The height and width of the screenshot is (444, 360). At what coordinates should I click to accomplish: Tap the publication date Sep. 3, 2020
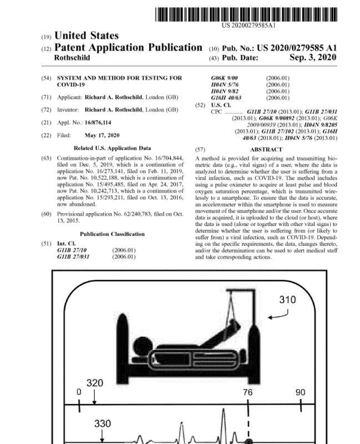point(312,58)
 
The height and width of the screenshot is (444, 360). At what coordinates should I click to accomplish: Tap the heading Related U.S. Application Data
point(113,149)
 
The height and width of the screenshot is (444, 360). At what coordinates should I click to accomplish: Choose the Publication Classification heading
point(113,234)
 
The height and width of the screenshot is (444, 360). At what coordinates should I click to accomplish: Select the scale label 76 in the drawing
point(248,392)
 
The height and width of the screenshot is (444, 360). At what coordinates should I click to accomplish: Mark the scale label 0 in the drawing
point(79,392)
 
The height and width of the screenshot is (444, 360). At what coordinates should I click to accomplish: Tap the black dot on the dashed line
point(249,441)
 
